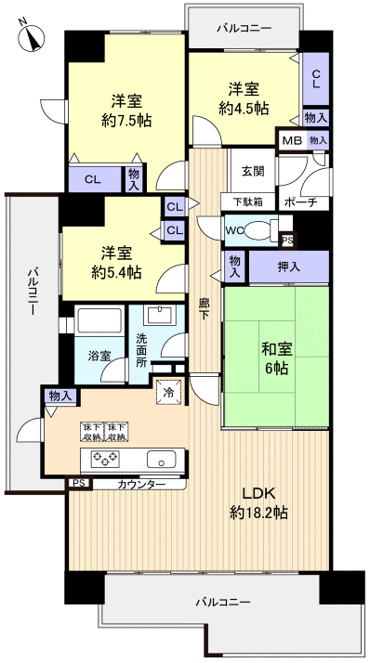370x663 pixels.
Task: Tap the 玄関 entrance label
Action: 252,172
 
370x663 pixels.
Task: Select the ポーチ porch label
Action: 300,202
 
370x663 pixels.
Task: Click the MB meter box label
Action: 291,140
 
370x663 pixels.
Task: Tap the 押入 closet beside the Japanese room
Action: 289,266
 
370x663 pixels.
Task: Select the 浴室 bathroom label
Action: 99,355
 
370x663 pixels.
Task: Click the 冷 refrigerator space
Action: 169,393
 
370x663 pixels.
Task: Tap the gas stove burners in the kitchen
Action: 104,459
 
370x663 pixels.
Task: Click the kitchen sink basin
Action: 161,459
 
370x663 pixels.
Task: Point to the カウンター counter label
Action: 142,485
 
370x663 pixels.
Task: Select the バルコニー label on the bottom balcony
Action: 223,603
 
